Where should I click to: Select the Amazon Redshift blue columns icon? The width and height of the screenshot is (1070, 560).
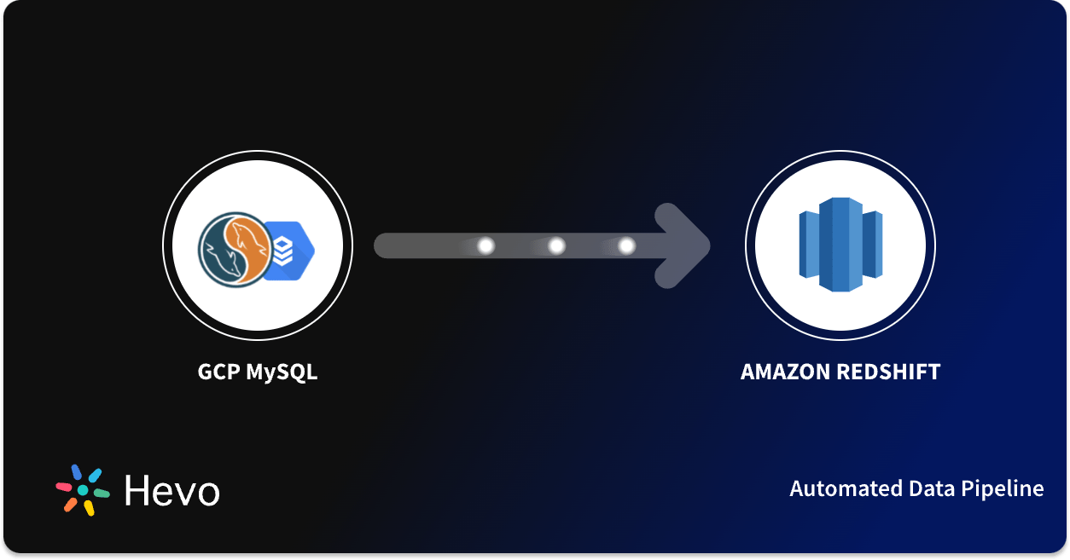tap(840, 245)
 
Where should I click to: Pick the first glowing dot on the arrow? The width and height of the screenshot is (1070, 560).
tap(486, 245)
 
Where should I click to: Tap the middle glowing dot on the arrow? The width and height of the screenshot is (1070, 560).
tap(556, 245)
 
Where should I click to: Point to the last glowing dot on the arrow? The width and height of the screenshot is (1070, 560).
tap(626, 245)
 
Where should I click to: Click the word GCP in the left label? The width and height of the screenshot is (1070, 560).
tap(218, 372)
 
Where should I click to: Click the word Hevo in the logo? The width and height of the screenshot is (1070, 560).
tap(172, 490)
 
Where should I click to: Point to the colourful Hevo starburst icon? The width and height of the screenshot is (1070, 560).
tap(83, 490)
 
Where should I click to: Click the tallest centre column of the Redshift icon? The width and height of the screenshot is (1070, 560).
tap(840, 245)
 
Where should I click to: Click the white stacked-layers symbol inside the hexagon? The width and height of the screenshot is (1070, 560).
tap(284, 249)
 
